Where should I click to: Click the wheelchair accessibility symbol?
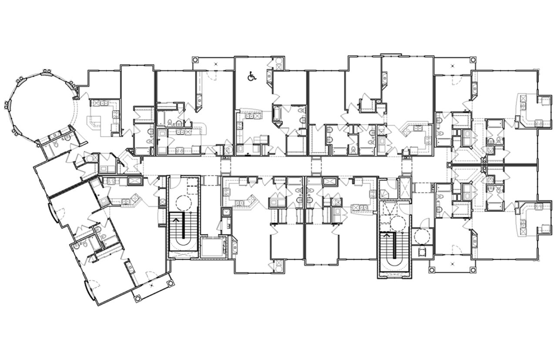point(251,76)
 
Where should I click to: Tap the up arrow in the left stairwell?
point(176,221)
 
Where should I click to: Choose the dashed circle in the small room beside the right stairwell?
point(421,237)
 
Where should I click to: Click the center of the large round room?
point(41,106)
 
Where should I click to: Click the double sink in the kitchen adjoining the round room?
point(104,103)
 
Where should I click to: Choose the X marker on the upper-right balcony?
point(453,65)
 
